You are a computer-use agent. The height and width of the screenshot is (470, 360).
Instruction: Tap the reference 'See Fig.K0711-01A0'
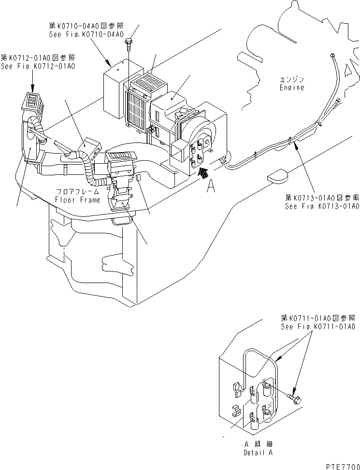[x=318, y=327]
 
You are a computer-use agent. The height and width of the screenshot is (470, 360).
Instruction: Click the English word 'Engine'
[x=292, y=87]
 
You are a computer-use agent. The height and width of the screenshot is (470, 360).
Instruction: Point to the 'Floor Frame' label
[x=78, y=199]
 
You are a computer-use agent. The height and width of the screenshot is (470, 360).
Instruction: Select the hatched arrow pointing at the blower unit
[x=203, y=171]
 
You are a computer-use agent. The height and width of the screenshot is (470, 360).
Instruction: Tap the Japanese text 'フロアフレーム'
[x=78, y=192]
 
